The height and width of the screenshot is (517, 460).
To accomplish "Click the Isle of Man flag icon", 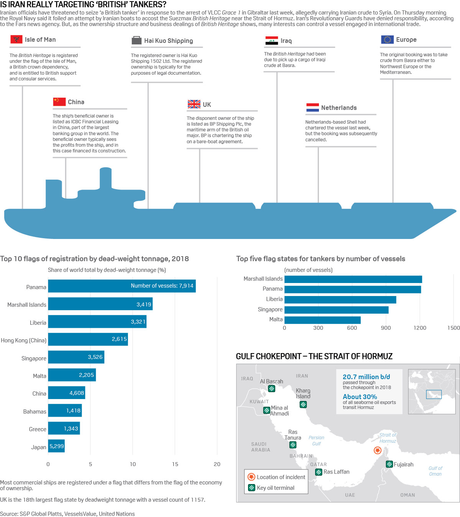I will tap(16, 39).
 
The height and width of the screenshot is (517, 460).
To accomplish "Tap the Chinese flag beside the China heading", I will tap(59, 102).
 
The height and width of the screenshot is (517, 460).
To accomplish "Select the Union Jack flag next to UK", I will tap(194, 104).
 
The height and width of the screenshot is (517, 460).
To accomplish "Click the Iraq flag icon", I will tap(271, 41).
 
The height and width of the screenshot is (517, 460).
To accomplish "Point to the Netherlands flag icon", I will tap(312, 108).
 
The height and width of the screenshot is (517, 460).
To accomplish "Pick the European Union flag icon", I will tap(387, 39).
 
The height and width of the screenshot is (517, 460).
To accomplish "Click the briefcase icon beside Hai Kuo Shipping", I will tap(136, 41).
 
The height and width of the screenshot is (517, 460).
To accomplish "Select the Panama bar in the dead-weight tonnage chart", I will tap(122, 286).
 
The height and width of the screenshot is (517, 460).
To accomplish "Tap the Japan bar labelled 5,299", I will tap(56, 446).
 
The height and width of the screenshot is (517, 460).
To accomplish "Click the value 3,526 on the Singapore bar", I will tap(95, 357).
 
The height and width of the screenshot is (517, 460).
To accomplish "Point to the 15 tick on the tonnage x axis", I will tap(175, 464).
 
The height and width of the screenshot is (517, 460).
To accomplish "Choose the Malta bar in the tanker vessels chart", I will tap(322, 320).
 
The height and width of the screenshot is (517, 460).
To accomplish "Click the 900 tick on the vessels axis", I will tap(386, 328).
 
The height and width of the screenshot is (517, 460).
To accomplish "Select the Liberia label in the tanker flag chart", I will tap(274, 299).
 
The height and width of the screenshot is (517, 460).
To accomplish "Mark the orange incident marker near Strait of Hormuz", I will tap(377, 450).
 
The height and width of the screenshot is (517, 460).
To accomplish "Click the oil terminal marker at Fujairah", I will tap(389, 465).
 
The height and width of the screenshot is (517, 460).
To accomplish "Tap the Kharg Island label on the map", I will tap(303, 393).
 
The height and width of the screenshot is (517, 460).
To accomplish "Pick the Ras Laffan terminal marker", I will tap(318, 472).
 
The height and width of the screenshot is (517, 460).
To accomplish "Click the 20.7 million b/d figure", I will tap(366, 377).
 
